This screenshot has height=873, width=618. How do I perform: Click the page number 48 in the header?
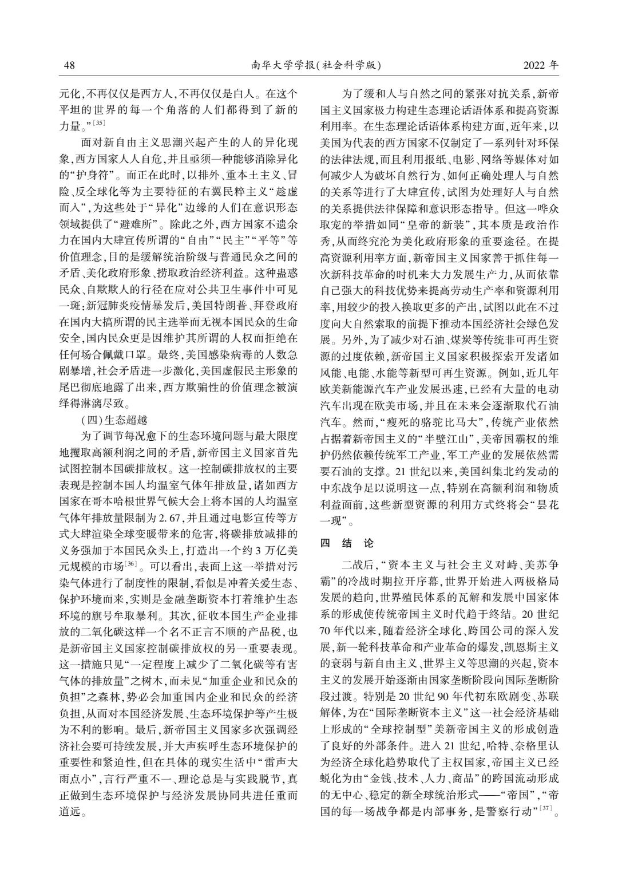(69, 65)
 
